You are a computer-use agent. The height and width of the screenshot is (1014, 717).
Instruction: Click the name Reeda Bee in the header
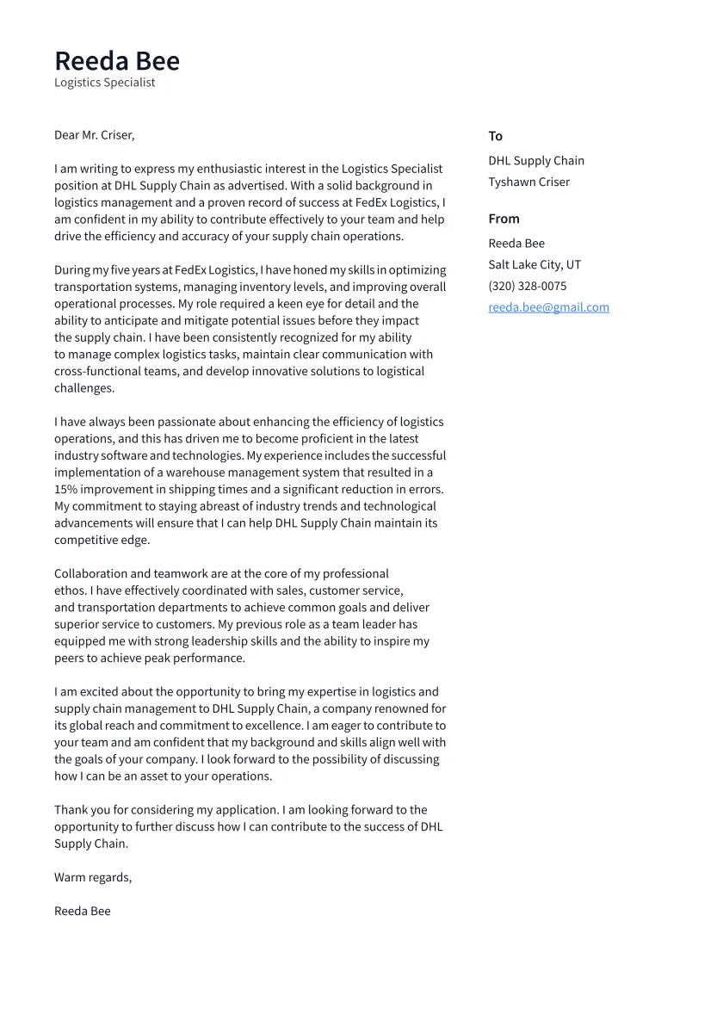(117, 61)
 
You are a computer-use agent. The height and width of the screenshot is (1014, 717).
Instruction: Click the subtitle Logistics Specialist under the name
(104, 83)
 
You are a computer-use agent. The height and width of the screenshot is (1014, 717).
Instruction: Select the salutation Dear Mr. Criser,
(94, 135)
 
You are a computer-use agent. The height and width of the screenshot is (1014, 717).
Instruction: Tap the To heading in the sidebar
(495, 136)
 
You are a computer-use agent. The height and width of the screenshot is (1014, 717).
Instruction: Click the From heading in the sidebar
(504, 219)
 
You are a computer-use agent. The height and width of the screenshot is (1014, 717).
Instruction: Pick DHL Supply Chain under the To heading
(535, 161)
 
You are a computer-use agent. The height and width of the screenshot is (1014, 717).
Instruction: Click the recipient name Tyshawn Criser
(528, 182)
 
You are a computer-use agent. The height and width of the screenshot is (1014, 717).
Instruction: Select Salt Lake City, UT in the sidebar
(534, 264)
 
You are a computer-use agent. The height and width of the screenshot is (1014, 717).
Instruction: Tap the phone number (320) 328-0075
(527, 286)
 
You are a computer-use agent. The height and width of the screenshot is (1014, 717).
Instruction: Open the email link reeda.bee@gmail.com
(548, 307)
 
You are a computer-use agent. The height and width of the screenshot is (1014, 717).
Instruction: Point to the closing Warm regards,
(93, 877)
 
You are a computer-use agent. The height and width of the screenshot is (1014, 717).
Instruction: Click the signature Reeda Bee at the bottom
(82, 911)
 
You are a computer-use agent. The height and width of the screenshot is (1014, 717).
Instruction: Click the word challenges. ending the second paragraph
(84, 388)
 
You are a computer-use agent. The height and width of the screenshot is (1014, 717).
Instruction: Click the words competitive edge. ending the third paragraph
(102, 541)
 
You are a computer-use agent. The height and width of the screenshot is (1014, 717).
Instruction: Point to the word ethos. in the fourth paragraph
(70, 590)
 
